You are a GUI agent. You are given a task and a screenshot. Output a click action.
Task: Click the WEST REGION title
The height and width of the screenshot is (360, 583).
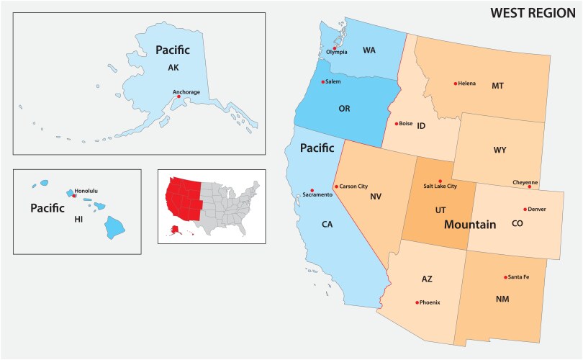pos(533,13)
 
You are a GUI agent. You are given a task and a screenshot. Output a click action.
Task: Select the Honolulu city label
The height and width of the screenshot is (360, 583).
pos(86,190)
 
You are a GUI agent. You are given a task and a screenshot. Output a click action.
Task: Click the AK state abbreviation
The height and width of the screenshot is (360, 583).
pos(173,68)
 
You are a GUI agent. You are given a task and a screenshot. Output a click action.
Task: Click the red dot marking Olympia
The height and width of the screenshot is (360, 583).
pos(334,48)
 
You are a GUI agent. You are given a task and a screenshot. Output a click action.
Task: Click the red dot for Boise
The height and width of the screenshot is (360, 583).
pos(397,123)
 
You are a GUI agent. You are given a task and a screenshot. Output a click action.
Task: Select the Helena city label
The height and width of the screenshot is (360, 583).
pos(467,84)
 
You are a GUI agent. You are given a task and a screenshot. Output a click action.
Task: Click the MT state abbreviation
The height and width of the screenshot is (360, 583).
pos(497,86)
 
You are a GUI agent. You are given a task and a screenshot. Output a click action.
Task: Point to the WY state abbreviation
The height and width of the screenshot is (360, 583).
pos(500,150)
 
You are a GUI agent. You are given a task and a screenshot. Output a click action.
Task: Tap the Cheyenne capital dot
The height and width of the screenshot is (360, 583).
pos(529,187)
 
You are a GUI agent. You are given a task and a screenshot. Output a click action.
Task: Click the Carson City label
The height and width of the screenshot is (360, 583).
pos(353,186)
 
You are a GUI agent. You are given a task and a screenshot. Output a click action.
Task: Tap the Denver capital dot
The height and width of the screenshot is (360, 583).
pos(525,210)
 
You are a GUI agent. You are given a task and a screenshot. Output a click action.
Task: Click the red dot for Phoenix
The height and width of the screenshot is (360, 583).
pos(417,302)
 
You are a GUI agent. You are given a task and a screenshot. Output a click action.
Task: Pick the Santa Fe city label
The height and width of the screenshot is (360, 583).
pos(519,277)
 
